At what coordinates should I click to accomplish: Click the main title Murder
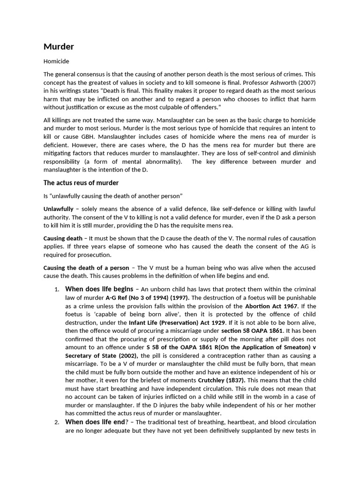(59, 46)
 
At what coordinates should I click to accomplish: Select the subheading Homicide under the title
(56, 61)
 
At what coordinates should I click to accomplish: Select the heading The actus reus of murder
(81, 183)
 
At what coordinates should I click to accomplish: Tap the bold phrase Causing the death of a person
(85, 268)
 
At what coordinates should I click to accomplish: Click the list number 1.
(56, 289)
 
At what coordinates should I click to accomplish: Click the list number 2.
(56, 422)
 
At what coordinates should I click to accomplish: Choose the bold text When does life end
(94, 422)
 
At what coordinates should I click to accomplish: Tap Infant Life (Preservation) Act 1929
(177, 323)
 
